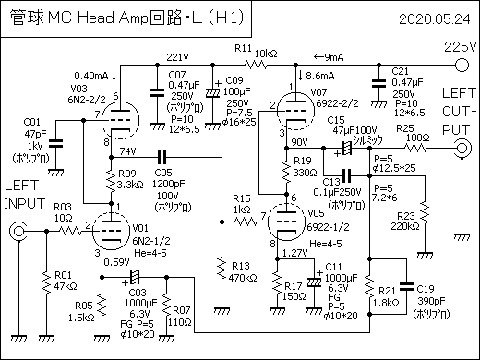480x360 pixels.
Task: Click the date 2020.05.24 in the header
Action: (x=436, y=18)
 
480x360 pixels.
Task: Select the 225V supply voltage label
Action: (x=458, y=46)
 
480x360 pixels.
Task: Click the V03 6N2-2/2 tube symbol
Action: (x=117, y=119)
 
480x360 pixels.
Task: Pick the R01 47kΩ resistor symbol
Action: (x=42, y=282)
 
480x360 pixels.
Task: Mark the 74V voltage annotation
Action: (x=127, y=151)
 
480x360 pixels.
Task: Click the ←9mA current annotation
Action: (x=329, y=55)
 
